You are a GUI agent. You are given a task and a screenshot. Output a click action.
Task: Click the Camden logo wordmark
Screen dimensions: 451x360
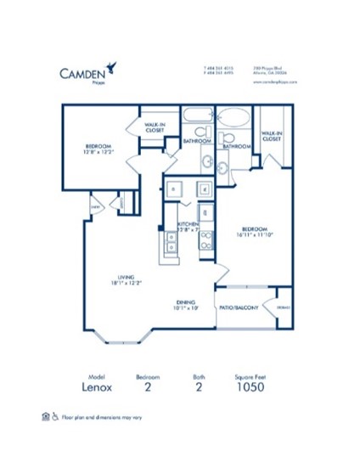[82, 73]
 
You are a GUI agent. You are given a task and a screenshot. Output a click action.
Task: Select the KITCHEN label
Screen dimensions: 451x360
[188, 226]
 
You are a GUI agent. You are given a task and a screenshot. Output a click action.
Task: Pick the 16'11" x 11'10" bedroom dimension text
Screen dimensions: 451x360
[256, 235]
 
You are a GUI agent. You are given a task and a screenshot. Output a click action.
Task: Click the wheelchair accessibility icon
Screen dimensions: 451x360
[56, 416]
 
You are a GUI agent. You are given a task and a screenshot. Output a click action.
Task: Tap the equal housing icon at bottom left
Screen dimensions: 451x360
[46, 416]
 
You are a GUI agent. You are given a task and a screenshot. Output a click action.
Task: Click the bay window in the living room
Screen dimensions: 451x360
[119, 338]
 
